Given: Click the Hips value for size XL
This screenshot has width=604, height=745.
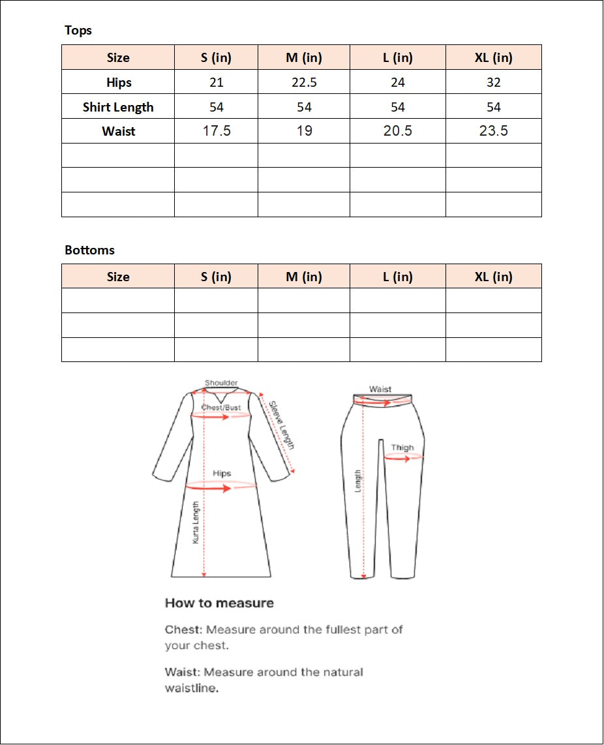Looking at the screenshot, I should click(x=494, y=82).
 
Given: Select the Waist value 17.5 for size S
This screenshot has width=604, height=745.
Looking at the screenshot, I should click(x=217, y=131).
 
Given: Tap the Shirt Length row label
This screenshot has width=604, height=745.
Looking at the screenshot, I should click(x=118, y=107).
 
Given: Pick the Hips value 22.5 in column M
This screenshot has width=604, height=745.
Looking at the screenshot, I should click(x=304, y=82).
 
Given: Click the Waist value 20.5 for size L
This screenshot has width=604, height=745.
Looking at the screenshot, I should click(x=398, y=131).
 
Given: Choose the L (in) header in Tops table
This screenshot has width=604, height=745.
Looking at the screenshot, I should click(x=398, y=57).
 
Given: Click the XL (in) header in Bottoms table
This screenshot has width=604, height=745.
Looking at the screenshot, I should click(x=494, y=277).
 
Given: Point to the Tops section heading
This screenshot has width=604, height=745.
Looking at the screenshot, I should click(x=78, y=30).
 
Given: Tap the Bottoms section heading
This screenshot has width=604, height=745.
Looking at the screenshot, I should click(x=89, y=250).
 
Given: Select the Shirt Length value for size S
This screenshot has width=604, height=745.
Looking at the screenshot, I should click(x=217, y=107).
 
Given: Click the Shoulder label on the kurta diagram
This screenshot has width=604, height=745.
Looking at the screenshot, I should click(x=221, y=383).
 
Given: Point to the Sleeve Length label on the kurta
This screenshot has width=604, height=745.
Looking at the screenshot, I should click(x=282, y=425).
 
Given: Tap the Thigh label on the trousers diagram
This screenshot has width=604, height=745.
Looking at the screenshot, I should click(x=402, y=448).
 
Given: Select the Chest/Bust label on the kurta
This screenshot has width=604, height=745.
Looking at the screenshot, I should click(x=221, y=408).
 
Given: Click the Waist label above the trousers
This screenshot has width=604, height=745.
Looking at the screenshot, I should click(x=380, y=389).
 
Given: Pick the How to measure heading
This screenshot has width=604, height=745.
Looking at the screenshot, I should click(x=219, y=603).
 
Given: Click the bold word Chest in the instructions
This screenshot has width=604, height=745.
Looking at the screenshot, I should click(x=183, y=630).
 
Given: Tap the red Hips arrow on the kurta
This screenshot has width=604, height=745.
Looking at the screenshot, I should click(x=210, y=487).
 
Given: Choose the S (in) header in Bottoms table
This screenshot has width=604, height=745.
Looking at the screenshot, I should click(x=217, y=277).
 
